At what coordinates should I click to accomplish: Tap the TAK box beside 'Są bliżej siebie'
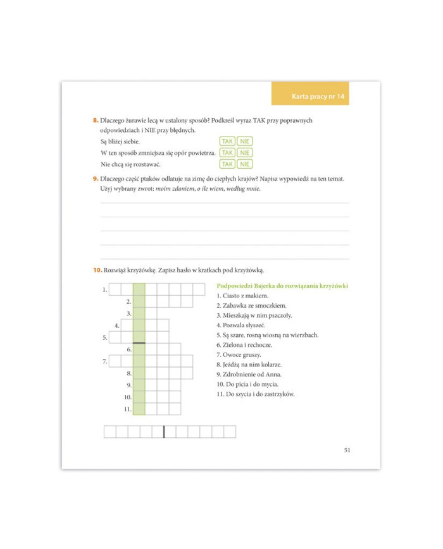pos(227,142)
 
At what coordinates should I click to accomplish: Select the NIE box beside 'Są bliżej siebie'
pos(245,142)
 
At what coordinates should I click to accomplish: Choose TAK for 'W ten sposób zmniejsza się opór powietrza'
pos(227,153)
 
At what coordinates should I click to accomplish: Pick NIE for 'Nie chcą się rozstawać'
pos(245,164)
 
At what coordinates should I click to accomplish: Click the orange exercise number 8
pos(95,120)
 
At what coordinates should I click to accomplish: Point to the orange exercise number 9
pos(95,179)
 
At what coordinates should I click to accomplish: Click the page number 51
pos(347,450)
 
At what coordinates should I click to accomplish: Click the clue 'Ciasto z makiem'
pos(242,296)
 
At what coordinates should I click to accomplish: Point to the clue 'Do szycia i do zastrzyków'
pos(255,394)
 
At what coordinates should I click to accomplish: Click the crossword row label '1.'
pos(104,290)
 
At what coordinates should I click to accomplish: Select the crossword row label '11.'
pos(127,409)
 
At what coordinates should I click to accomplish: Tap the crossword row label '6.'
pos(128,349)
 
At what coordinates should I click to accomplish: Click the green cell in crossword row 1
pos(139,290)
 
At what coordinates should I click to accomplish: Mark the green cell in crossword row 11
pos(139,409)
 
